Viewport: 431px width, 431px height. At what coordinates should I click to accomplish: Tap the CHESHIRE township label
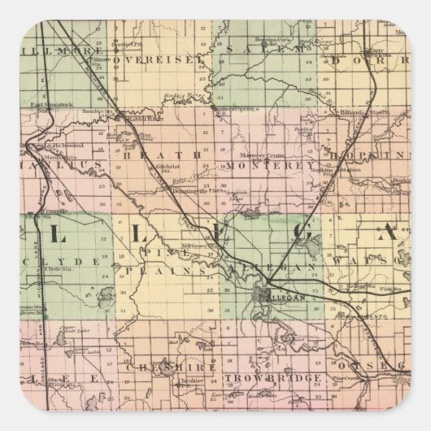(170, 367)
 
